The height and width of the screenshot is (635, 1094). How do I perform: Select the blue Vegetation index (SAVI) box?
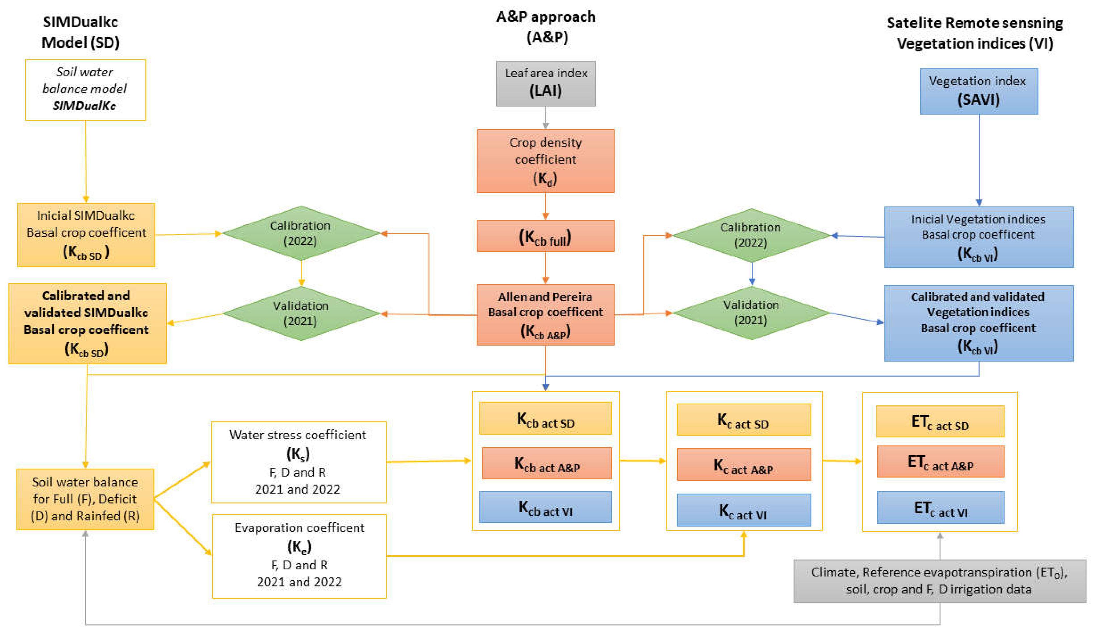point(979,91)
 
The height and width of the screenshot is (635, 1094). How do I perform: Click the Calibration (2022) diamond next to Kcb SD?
point(301,233)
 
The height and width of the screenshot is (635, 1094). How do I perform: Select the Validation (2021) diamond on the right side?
point(751,312)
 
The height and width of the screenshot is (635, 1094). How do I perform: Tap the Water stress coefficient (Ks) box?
point(299,462)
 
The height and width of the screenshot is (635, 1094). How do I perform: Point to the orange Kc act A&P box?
point(744,464)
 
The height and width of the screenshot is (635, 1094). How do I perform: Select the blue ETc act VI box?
point(940,507)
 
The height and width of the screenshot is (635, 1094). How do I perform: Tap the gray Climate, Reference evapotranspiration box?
point(939,581)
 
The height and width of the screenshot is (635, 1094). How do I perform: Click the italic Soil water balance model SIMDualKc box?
point(86,89)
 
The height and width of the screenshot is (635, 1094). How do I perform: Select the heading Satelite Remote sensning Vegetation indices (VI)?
point(975,33)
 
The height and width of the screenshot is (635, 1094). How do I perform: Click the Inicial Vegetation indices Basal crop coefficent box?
point(979,237)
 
